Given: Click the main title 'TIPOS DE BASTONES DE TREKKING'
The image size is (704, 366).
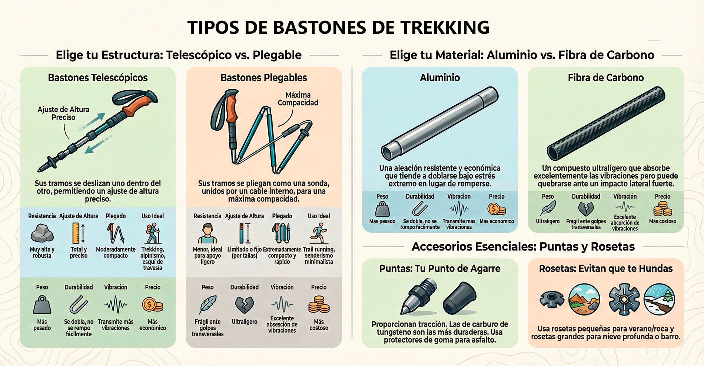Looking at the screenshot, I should tap(338, 27).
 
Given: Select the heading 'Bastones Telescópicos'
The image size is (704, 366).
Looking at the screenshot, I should tap(98, 78).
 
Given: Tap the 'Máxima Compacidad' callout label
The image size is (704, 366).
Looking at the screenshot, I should tap(298, 99).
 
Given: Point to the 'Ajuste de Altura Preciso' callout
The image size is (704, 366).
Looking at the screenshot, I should tap(63, 113).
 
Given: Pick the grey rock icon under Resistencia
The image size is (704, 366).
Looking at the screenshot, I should tap(42, 233).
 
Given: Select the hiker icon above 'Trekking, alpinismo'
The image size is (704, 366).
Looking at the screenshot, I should tap(153, 233).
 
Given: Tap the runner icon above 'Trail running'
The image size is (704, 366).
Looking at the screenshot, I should tap(319, 233).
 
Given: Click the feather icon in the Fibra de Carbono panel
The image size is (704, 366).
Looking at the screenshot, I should tap(548, 208).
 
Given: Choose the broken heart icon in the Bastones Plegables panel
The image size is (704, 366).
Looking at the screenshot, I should tap(245, 305).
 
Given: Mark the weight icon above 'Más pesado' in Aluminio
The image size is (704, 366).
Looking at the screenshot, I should tap(382, 209).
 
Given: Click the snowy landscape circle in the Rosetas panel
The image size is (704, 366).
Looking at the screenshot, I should tap(659, 299).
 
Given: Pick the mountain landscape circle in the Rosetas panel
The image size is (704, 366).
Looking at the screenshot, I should tap(584, 299).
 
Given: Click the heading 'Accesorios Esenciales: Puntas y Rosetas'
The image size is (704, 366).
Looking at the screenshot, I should tap(523, 246).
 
